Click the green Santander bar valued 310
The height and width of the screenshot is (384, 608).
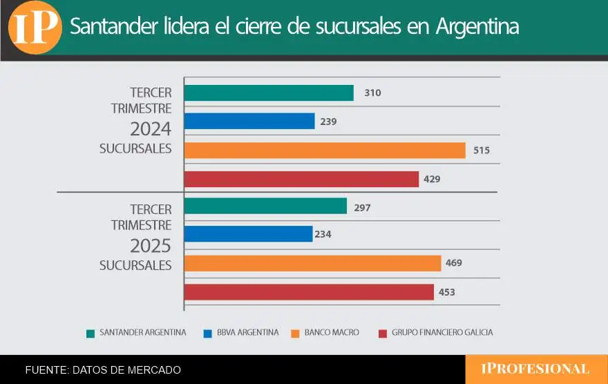click(x=269, y=93)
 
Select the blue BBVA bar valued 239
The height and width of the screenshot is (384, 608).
click(x=249, y=122)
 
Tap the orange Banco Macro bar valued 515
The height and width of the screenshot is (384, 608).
click(x=325, y=150)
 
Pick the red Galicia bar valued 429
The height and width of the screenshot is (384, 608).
click(x=301, y=179)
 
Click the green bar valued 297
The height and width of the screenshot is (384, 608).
click(x=265, y=206)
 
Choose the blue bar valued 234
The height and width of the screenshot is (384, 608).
click(x=248, y=234)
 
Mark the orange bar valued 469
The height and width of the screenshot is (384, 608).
click(x=312, y=263)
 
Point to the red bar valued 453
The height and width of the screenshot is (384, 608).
click(x=309, y=292)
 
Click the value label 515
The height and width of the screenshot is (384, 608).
click(x=482, y=150)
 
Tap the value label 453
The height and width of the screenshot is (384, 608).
click(x=447, y=292)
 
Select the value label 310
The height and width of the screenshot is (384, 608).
click(x=373, y=93)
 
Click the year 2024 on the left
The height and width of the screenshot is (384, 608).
click(x=151, y=129)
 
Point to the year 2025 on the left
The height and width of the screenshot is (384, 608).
click(x=151, y=246)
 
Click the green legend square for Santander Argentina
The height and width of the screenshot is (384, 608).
click(x=90, y=333)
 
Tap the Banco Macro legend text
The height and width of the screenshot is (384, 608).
click(x=332, y=332)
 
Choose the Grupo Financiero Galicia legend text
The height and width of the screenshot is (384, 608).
click(x=442, y=332)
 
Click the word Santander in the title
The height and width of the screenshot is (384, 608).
click(x=111, y=28)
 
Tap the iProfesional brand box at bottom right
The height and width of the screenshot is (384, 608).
click(x=536, y=369)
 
